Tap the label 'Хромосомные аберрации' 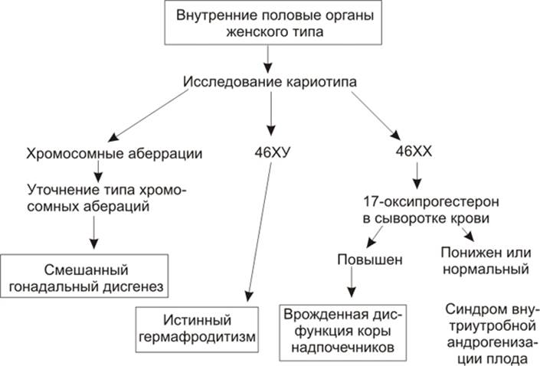click(114, 154)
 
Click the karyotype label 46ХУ click(272, 152)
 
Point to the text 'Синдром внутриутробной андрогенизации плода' click(489, 334)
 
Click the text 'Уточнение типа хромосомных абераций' click(106, 197)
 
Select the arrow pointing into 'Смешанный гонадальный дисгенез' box click(93, 233)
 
